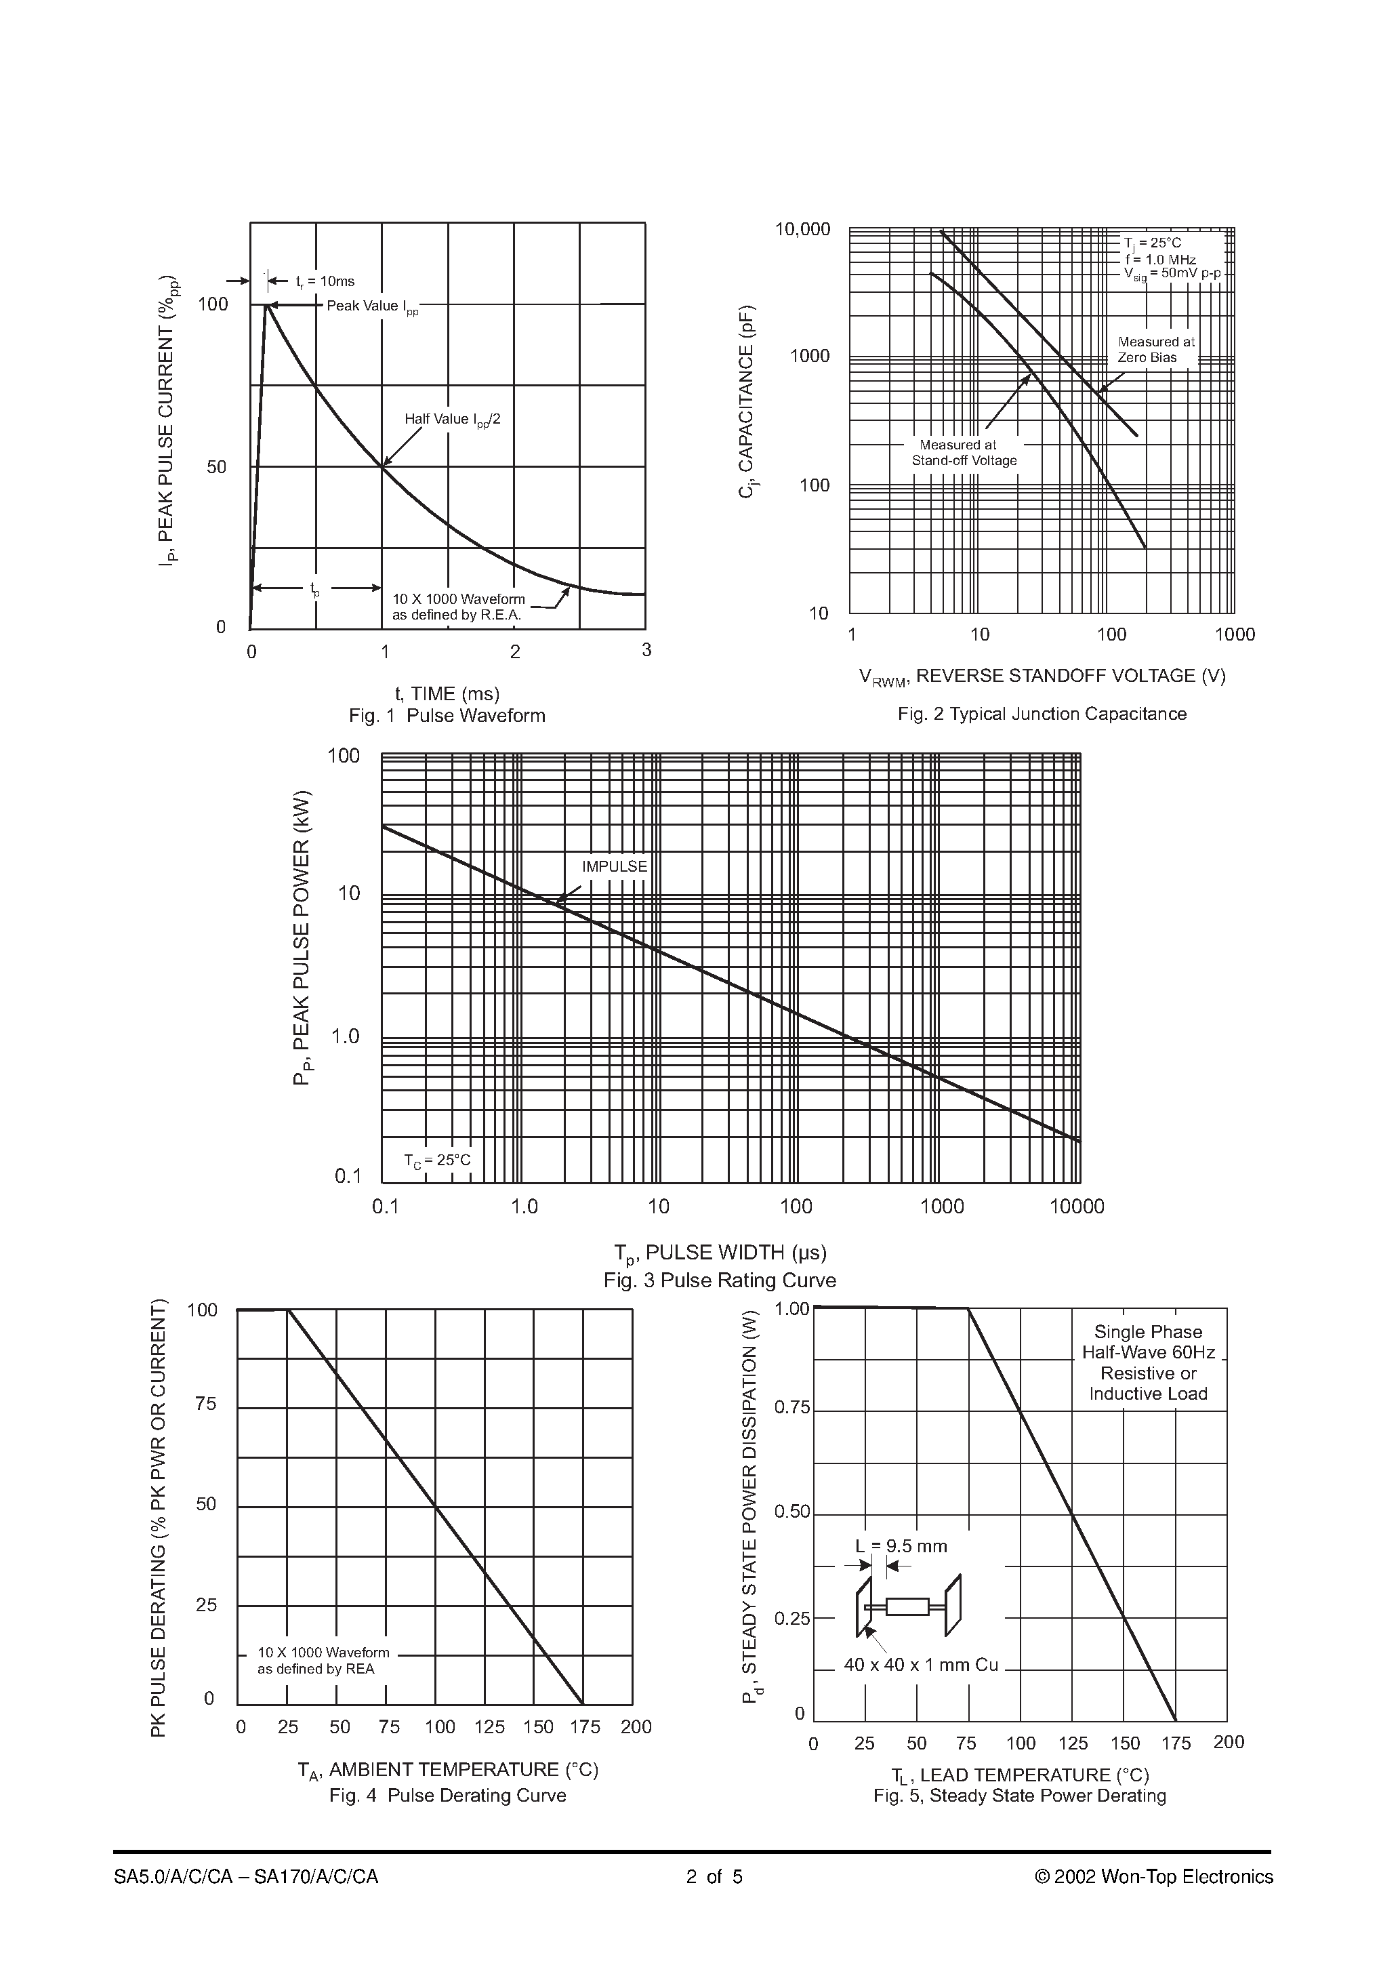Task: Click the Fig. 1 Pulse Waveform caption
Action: pyautogui.click(x=447, y=716)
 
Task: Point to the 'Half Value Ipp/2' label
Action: pyautogui.click(x=452, y=420)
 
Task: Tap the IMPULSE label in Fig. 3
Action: pyautogui.click(x=614, y=866)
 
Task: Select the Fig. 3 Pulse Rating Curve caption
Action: pyautogui.click(x=719, y=1280)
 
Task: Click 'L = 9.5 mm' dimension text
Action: pyautogui.click(x=901, y=1545)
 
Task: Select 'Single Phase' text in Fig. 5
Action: pyautogui.click(x=1147, y=1332)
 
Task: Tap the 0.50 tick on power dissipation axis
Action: pyautogui.click(x=791, y=1512)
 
